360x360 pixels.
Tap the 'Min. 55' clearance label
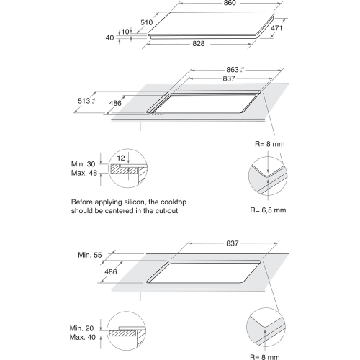(87, 256)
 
